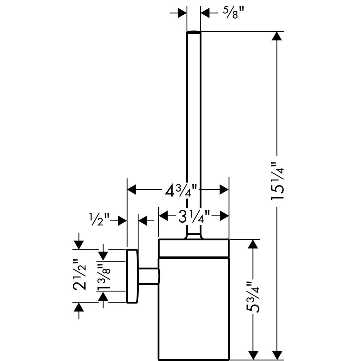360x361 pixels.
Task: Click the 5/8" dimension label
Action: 233,13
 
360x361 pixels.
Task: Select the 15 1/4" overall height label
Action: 278,181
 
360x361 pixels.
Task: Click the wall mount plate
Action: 132,276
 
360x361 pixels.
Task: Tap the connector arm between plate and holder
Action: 148,276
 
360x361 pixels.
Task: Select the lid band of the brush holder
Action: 193,248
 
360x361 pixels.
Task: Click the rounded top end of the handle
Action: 193,32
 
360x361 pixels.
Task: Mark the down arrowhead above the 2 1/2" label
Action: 79,245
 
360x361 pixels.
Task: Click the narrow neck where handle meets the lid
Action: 193,236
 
